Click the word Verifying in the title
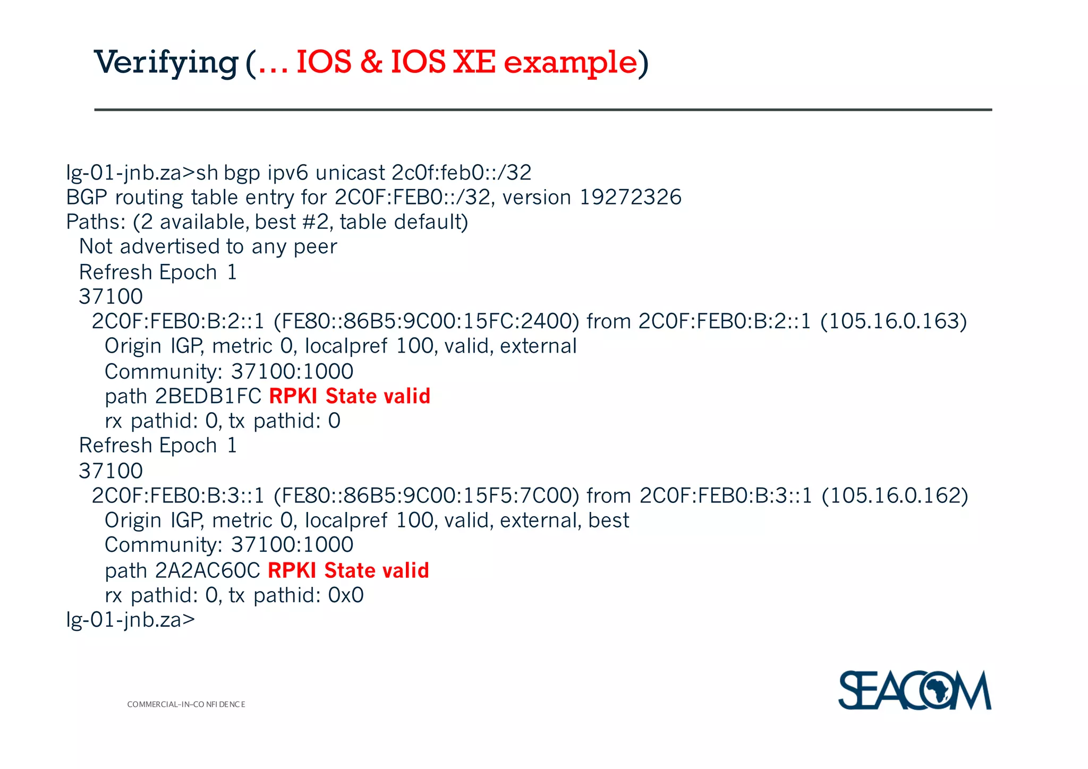166,63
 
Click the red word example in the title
570,63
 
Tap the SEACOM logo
914,690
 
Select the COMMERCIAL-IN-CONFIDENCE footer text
186,704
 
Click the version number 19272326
630,198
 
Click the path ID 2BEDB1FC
208,396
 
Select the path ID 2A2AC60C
208,570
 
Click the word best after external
609,520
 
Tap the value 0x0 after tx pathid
346,595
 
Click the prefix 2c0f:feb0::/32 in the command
461,173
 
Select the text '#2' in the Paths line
315,222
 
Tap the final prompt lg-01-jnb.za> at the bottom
131,620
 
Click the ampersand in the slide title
371,63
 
